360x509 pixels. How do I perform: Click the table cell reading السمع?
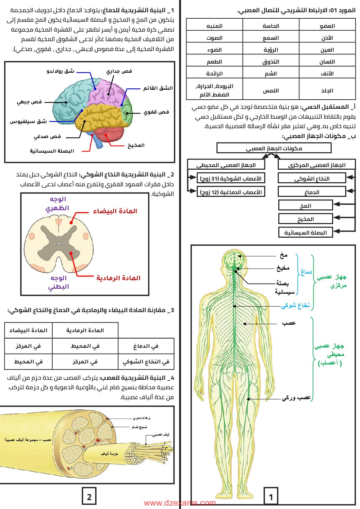(x=271, y=38)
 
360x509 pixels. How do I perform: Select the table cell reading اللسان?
(x=327, y=62)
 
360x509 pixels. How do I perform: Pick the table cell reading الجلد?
(x=327, y=91)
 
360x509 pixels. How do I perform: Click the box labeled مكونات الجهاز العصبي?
(x=274, y=148)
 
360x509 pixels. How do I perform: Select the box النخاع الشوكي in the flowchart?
(x=312, y=179)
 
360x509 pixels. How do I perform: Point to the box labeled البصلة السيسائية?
(x=305, y=233)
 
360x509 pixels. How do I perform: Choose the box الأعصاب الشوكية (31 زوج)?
(x=231, y=179)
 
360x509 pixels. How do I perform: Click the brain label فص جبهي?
(x=30, y=102)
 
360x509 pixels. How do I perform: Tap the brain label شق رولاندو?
(x=61, y=71)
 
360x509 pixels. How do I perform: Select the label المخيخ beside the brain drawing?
(x=136, y=146)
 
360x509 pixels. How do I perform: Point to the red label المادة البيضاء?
(x=115, y=211)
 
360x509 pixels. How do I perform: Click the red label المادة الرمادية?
(x=118, y=278)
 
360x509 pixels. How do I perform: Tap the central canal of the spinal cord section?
(x=59, y=244)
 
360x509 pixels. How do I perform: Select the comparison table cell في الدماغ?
(x=146, y=346)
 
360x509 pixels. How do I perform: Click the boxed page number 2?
(x=89, y=497)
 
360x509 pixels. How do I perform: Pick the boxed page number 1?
(x=271, y=497)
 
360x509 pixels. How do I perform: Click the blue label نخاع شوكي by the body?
(x=295, y=306)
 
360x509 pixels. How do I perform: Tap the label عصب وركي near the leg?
(x=296, y=397)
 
